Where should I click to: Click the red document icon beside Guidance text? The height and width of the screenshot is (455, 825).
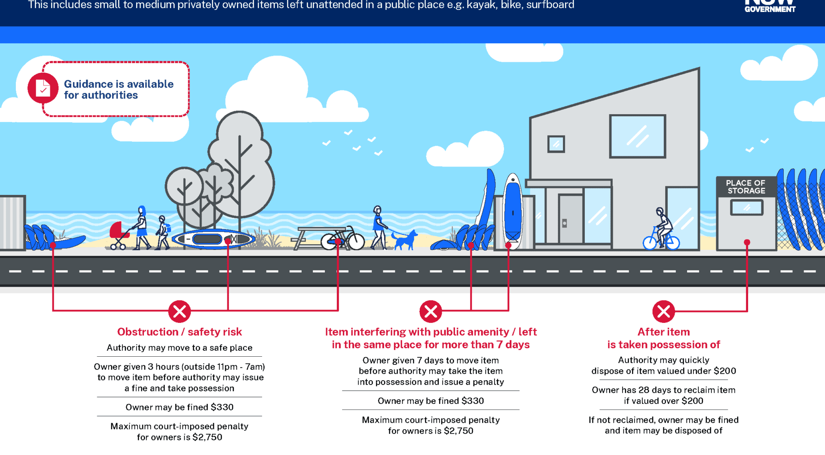pos(43,88)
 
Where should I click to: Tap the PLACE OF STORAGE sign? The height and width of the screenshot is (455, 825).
pos(746,187)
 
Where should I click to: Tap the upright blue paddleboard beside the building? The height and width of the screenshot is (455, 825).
pos(513,210)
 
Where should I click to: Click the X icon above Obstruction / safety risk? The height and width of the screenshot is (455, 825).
pos(180,311)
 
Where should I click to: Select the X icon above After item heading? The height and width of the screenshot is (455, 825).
pos(663,311)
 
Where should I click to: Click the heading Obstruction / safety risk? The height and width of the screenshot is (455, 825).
pos(180,332)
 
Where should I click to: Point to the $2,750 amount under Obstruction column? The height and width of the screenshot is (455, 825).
pos(207,437)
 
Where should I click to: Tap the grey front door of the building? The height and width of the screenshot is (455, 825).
pos(570,219)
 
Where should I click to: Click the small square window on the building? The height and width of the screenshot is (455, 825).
pos(556,144)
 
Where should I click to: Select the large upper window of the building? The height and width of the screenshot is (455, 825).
pos(638,136)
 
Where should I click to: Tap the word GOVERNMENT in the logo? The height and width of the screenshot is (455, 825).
pos(770,9)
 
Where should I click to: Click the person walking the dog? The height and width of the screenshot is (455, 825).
pos(378,227)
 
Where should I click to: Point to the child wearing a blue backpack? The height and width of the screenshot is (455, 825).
pos(162,232)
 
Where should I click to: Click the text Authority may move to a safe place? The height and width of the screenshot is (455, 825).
pos(180,348)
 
